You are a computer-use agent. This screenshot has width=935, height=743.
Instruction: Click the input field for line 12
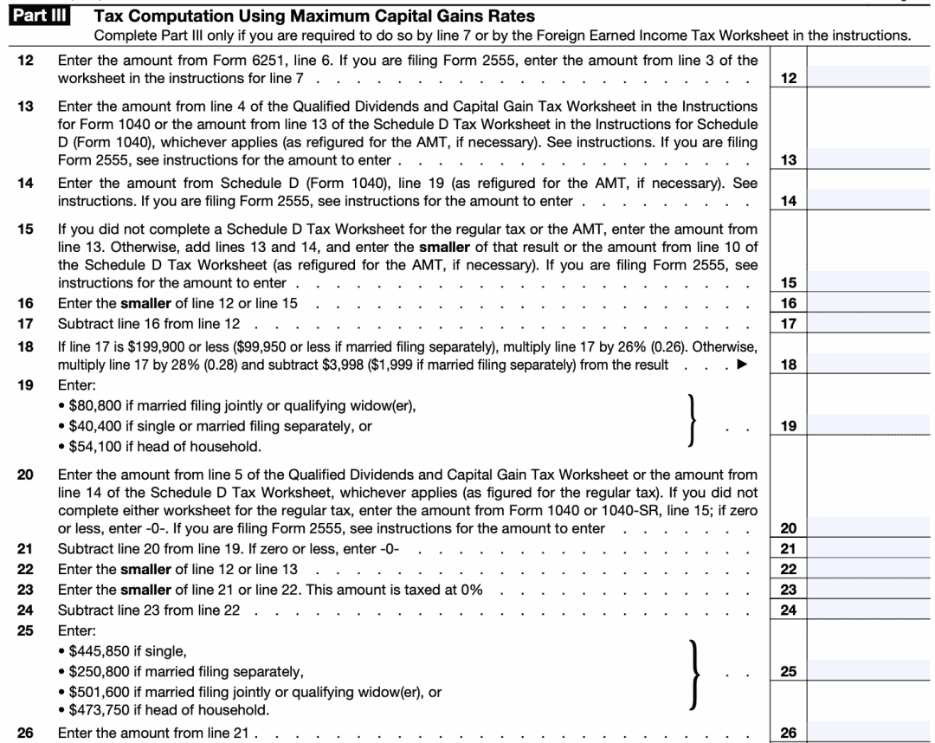(871, 79)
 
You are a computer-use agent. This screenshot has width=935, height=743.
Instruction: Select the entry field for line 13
(871, 160)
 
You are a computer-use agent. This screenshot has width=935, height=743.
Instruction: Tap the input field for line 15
(871, 283)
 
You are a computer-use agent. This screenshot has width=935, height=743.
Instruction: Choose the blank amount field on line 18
(871, 365)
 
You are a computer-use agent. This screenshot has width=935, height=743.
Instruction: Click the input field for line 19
(871, 426)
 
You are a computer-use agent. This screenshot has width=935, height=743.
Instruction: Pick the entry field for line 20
(871, 528)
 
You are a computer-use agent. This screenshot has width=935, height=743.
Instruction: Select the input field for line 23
(871, 590)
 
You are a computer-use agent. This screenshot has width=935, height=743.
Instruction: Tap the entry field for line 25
(871, 671)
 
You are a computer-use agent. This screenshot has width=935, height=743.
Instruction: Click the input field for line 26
(871, 733)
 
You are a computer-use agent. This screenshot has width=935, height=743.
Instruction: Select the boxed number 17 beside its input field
(788, 324)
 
